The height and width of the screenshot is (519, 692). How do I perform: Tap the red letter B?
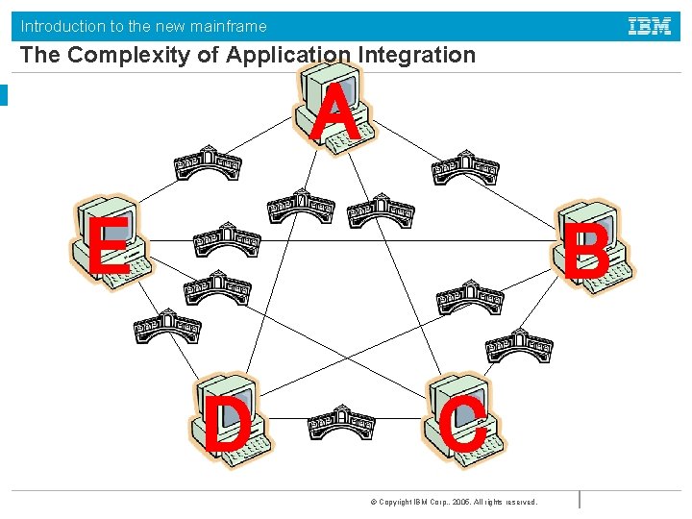click(x=585, y=252)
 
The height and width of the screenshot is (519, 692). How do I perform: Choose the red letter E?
click(x=109, y=245)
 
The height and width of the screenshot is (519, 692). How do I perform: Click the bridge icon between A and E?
click(x=208, y=165)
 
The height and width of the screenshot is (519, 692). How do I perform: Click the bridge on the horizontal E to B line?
click(x=227, y=240)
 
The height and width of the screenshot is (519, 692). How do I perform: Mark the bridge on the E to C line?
click(x=216, y=287)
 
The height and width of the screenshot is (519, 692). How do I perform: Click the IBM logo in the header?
click(x=650, y=27)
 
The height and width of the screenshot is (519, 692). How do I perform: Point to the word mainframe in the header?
click(x=228, y=27)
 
